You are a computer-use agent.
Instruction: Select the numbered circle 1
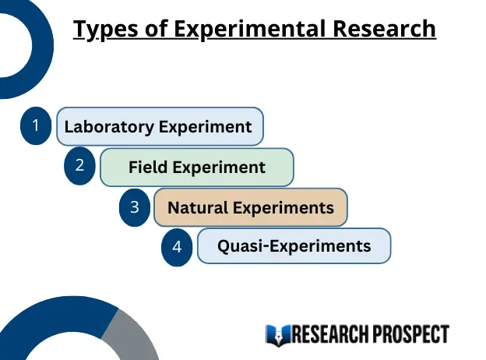pyautogui.click(x=35, y=126)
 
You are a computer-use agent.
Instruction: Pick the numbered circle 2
pyautogui.click(x=79, y=166)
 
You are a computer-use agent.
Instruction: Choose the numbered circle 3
pyautogui.click(x=135, y=207)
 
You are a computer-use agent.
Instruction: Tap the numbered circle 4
pyautogui.click(x=178, y=247)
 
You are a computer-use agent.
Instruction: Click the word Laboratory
pyautogui.click(x=108, y=127)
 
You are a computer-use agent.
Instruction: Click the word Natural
pyautogui.click(x=197, y=208)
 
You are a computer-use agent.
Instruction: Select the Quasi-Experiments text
pyautogui.click(x=294, y=246)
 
